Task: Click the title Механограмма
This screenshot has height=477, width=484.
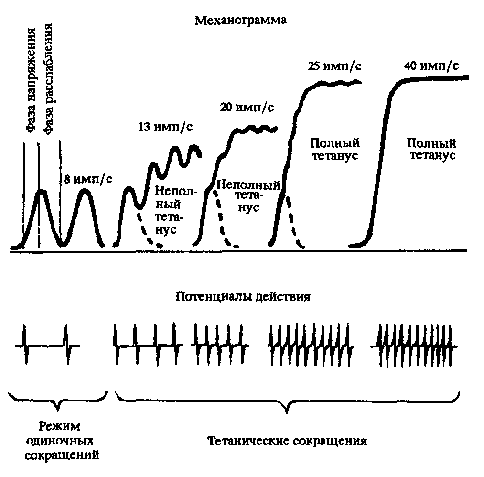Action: coord(240,21)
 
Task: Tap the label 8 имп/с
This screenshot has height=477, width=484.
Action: coord(88,179)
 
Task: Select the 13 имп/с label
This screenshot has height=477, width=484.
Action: coord(165,127)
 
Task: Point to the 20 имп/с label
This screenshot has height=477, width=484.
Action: coord(247,108)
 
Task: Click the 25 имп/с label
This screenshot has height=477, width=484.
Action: coord(334,66)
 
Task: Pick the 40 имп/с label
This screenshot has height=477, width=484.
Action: coord(431,66)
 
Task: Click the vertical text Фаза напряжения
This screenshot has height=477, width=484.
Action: coord(31,81)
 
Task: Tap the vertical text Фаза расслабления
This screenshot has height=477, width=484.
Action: coord(48,79)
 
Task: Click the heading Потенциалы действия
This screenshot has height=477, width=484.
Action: coord(243,296)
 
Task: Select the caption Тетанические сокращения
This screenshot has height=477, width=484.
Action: coord(287,441)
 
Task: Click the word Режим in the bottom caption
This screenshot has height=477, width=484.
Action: coord(60,426)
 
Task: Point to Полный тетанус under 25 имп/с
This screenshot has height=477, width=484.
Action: coord(335,149)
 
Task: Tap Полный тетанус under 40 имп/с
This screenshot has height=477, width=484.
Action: coord(432,149)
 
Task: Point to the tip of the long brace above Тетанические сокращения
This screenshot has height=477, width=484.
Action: coord(287,413)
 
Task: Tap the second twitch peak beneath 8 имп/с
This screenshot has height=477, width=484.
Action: coord(85,190)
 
